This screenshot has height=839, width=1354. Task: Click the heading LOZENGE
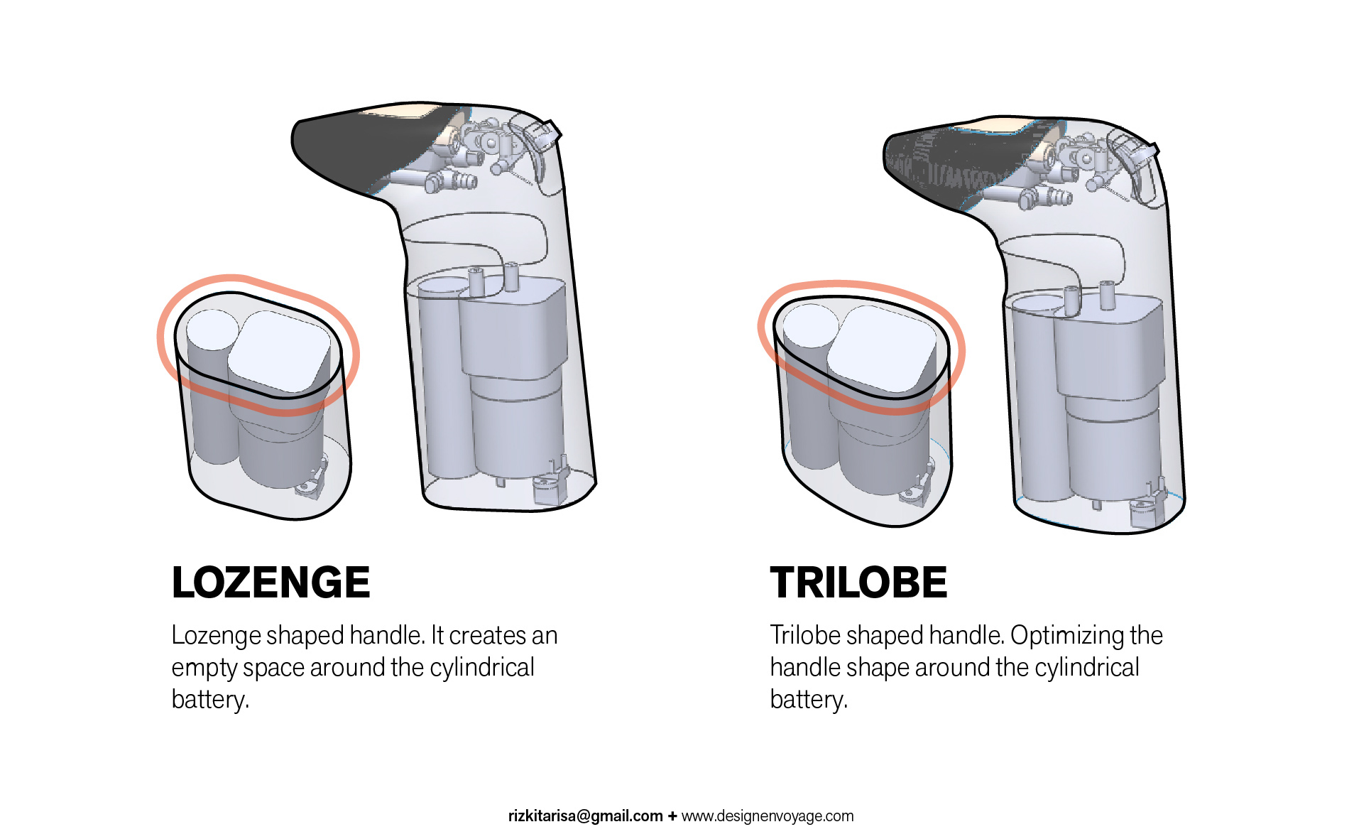[x=271, y=583]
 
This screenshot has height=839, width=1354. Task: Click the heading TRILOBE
[x=858, y=583]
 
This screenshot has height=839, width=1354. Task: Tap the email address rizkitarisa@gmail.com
[x=585, y=816]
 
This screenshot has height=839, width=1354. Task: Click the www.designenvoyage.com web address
[x=768, y=816]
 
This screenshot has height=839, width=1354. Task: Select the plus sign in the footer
[x=672, y=816]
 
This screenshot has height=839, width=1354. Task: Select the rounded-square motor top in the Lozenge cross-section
[x=279, y=352]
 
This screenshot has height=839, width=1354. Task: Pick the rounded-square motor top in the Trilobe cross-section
[x=882, y=349]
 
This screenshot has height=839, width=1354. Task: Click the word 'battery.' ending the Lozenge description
[x=210, y=700]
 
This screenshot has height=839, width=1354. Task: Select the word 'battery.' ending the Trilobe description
[x=809, y=700]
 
